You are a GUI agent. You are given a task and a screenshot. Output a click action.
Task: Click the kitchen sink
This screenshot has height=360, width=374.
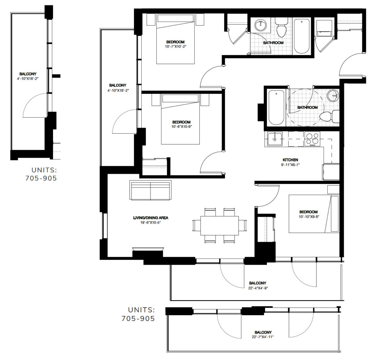coord(274,139)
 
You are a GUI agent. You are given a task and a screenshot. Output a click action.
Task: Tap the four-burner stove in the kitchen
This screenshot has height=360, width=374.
coord(312,139)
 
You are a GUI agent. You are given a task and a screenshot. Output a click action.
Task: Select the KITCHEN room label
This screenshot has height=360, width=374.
coord(290,160)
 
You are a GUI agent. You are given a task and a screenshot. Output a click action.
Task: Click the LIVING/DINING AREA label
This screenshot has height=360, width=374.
coord(150,218)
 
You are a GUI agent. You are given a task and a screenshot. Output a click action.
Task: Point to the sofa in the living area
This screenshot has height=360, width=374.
coord(150,191)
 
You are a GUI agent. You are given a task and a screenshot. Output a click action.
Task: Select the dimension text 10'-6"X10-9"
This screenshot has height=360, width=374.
coord(181,127)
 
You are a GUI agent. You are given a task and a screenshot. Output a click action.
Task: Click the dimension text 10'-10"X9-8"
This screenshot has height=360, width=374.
coord(309,217)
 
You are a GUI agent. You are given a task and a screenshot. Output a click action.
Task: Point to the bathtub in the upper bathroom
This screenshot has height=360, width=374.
coord(302,36)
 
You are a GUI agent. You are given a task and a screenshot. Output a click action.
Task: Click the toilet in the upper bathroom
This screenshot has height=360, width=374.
coord(281,29)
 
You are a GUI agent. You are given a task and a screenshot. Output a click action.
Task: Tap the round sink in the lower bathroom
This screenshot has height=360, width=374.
coord(332,96)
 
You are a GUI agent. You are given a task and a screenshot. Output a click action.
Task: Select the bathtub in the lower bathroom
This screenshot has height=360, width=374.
coord(276,108)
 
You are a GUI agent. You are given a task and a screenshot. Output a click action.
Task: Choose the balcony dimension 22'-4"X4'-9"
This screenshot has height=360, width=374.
coord(257,288)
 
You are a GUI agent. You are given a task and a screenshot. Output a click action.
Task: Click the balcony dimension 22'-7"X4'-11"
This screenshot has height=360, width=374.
coord(263,337)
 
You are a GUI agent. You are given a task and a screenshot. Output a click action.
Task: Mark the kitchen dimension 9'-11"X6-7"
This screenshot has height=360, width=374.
coord(290,165)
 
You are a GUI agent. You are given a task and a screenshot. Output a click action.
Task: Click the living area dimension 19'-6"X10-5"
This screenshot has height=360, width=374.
coord(150,223)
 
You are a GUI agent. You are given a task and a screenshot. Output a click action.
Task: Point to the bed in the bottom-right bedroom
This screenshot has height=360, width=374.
coord(313,214)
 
